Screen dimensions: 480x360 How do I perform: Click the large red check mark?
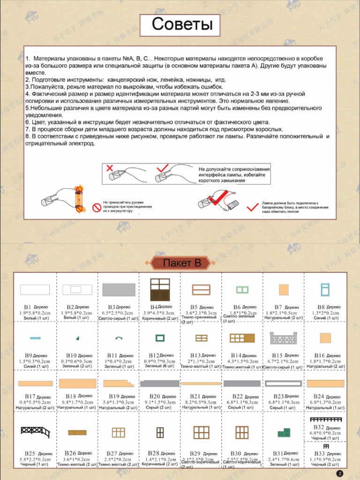(x=253, y=206)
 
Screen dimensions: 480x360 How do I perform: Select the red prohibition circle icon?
(x=97, y=207)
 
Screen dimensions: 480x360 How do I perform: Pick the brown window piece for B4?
(x=159, y=289)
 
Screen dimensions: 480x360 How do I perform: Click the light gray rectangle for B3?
(x=119, y=289)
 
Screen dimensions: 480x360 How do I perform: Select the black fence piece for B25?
(x=35, y=432)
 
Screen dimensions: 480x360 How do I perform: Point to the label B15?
(x=277, y=356)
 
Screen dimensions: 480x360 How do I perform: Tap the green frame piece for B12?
(x=160, y=337)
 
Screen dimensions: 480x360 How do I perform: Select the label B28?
(x=153, y=454)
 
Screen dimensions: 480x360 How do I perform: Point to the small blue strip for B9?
(x=35, y=337)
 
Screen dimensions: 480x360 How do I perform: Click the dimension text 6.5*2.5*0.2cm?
(x=119, y=313)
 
